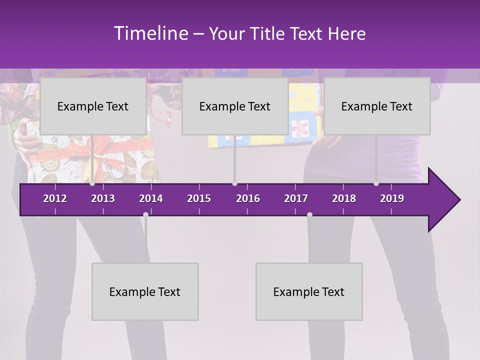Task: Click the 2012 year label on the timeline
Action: [55, 198]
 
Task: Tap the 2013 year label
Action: [103, 198]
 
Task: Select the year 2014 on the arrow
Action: [151, 198]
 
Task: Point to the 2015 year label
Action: [199, 198]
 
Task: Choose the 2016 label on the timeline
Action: [248, 198]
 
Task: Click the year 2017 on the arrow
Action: [296, 198]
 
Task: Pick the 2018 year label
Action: [344, 198]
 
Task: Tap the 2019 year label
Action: [392, 198]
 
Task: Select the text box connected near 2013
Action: [93, 106]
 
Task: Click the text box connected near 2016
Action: [235, 106]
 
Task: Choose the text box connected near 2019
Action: [377, 106]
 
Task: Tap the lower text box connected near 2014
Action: [145, 291]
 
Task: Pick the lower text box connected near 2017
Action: [309, 291]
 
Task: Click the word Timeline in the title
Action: [151, 33]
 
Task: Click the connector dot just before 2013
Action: [92, 183]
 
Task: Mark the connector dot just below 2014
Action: [145, 214]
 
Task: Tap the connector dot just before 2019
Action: [376, 183]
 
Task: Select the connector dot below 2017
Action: [309, 214]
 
